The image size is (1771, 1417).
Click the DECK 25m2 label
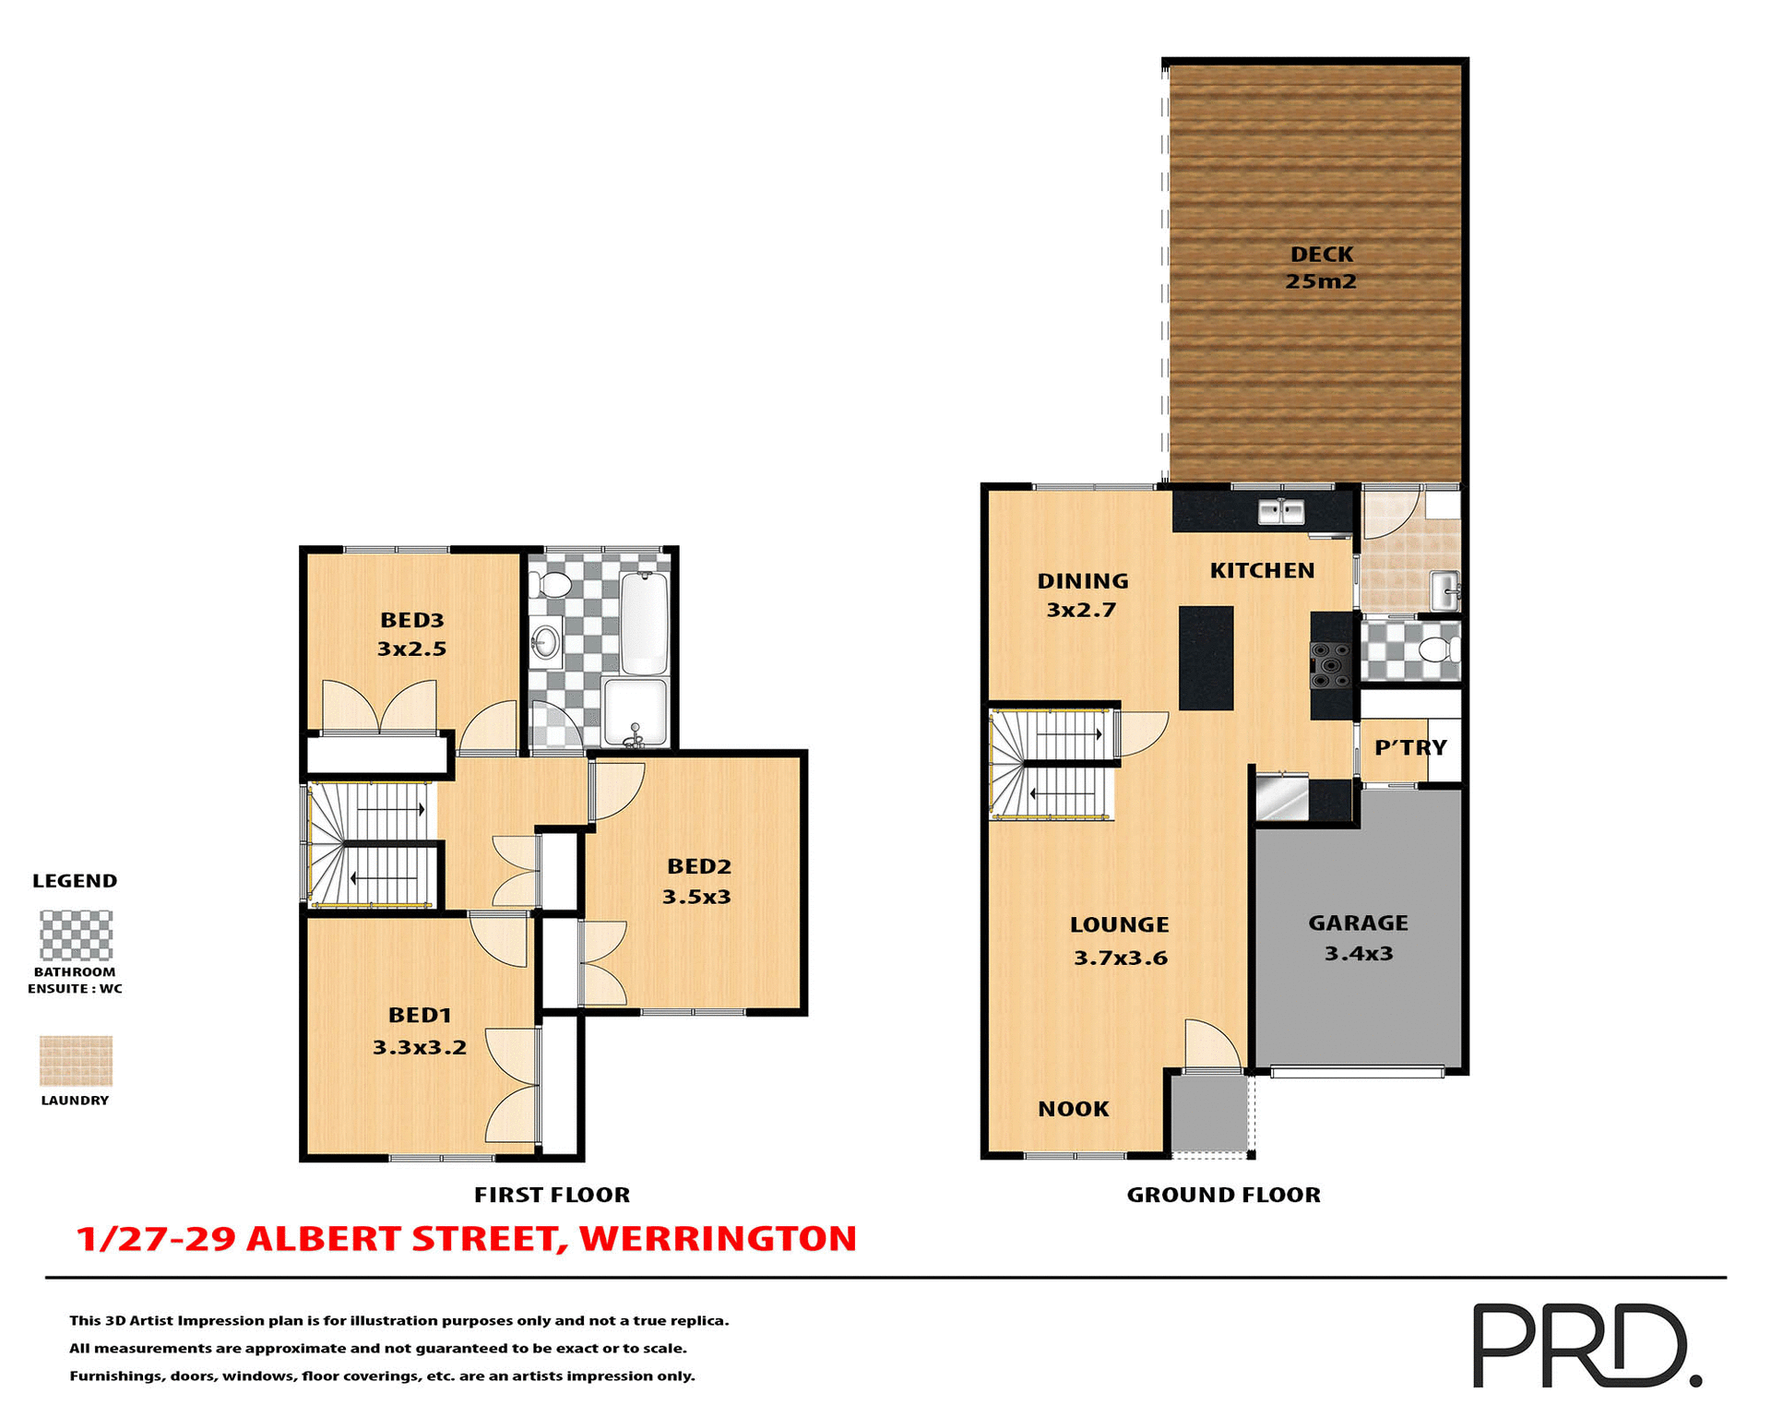[x=1321, y=268]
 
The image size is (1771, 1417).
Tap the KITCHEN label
[x=1262, y=571]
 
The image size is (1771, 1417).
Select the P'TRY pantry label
[x=1410, y=747]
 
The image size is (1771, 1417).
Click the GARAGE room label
[x=1358, y=923]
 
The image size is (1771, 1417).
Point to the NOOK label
[x=1073, y=1109]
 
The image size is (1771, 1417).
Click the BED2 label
[x=699, y=866]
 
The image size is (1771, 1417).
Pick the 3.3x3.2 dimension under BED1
[x=420, y=1048]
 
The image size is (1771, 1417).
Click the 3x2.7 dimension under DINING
[x=1081, y=610]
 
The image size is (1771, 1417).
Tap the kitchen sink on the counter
[x=1281, y=510]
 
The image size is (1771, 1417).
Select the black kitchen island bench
[x=1206, y=657]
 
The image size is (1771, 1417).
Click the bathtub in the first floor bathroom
[x=644, y=624]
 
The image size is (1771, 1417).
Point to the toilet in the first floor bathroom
[x=553, y=584]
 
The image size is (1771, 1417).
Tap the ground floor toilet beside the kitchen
[x=1436, y=649]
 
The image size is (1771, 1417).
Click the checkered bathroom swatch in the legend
[x=76, y=935]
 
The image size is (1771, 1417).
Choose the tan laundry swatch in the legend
[x=76, y=1060]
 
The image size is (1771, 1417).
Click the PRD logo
[x=1586, y=1345]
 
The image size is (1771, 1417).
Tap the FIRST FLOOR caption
[x=552, y=1195]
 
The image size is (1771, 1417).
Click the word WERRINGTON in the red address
[x=718, y=1239]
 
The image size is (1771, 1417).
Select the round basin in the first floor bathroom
[x=546, y=641]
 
